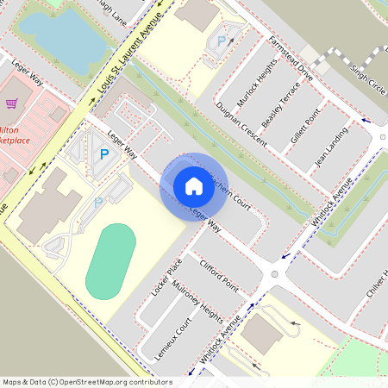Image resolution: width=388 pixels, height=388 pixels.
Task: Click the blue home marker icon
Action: point(193,186)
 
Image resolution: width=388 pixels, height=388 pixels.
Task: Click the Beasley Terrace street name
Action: point(282,104)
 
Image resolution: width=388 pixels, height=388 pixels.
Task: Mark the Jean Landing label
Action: point(331,147)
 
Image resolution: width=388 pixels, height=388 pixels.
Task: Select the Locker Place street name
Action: point(165,277)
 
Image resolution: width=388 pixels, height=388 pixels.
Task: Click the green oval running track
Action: point(111,261)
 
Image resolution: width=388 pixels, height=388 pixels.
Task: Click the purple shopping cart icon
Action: point(12,103)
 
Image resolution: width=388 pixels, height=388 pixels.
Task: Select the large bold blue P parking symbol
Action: point(104,154)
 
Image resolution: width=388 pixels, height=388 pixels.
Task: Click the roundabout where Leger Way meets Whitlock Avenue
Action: point(275,274)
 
